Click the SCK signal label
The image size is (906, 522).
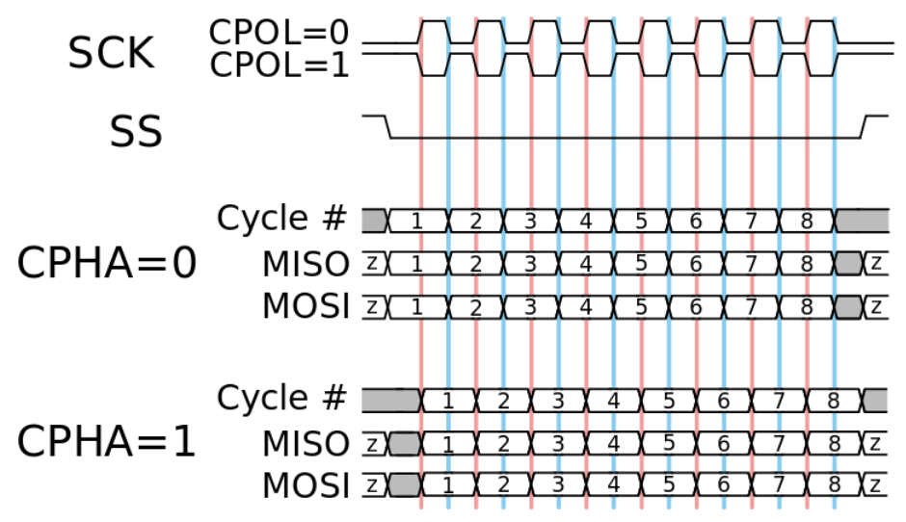point(111,54)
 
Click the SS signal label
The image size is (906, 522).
point(136,132)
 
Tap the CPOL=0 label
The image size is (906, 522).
point(279,33)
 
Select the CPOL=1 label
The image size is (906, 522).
point(279,65)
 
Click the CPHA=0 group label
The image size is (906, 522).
point(106,263)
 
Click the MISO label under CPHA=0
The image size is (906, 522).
point(304,263)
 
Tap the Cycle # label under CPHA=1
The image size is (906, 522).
point(280,397)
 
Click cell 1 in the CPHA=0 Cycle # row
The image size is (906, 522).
point(417,220)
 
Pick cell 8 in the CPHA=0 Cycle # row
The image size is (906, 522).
point(807,220)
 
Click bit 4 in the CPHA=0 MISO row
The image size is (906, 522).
point(585,263)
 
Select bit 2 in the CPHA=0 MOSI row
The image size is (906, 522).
point(474,308)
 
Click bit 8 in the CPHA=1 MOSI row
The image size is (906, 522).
point(835,484)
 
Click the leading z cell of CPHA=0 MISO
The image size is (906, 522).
point(373,263)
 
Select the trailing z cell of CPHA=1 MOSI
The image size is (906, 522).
point(876,484)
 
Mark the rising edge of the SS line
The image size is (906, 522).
point(866,126)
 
